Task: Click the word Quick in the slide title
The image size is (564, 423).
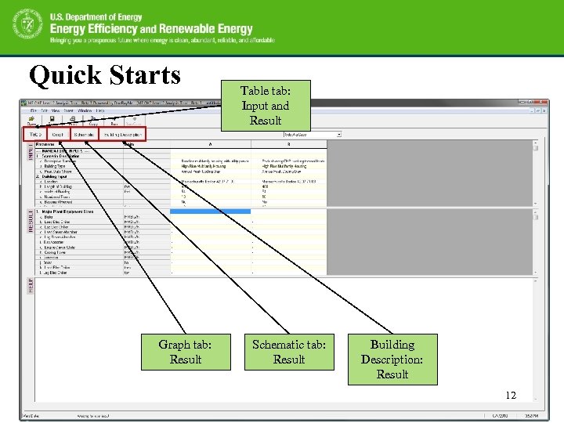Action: (65, 75)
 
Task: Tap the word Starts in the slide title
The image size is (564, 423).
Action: (143, 75)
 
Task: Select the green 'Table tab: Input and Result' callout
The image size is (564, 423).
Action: (265, 106)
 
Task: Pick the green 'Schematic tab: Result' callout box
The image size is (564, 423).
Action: (289, 352)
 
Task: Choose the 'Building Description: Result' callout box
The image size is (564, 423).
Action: (392, 360)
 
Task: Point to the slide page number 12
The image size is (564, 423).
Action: (510, 396)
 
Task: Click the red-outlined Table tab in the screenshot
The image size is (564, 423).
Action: (36, 135)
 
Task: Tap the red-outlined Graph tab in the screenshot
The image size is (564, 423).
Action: (58, 135)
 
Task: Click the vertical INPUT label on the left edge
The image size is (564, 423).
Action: (31, 151)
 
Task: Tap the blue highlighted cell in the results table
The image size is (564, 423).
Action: (210, 211)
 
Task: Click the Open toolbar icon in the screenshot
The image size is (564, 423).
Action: (32, 121)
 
